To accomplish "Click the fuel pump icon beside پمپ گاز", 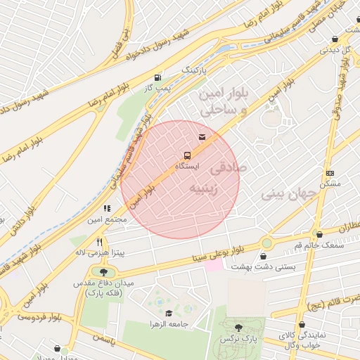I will pos(156,77).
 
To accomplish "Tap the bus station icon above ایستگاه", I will pos(187,155).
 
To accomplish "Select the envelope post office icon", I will pos(202,137).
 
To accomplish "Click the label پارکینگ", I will pos(196,71).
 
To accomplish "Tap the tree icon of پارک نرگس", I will pos(238,328).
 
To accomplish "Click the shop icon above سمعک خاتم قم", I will pos(319,234).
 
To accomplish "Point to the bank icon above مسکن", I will pos(330,173).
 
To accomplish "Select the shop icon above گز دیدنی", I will pos(332,39).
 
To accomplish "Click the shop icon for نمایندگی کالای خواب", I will pos(302,326).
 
